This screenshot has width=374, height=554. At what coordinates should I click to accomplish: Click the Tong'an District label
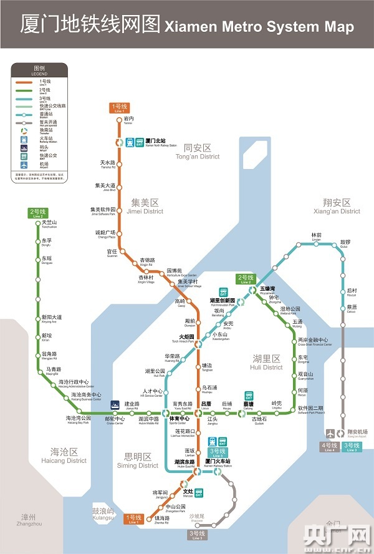tap(198, 152)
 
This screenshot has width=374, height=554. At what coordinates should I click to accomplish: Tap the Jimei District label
tap(146, 207)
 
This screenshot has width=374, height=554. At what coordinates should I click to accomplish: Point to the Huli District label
tap(267, 362)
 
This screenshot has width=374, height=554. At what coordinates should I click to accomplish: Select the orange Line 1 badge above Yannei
tap(118, 107)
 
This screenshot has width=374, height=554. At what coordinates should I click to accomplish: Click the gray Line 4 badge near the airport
tap(329, 447)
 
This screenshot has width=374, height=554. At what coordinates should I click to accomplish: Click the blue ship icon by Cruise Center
tap(115, 404)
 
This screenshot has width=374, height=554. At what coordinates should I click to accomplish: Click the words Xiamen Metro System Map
tap(258, 27)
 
